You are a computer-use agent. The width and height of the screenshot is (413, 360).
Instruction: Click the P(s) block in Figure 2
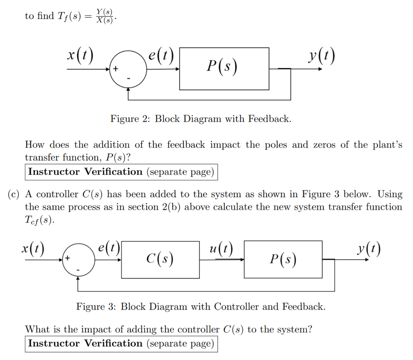click(x=224, y=69)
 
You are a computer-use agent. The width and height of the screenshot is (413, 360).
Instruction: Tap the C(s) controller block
click(x=160, y=260)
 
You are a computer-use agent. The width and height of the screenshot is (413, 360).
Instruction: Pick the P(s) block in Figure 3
click(x=283, y=260)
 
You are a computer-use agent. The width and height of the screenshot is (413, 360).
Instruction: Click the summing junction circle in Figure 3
click(x=78, y=260)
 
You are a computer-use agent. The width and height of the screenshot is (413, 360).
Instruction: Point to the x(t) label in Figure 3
click(x=33, y=247)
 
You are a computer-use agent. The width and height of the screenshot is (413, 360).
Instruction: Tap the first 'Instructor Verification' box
click(x=121, y=172)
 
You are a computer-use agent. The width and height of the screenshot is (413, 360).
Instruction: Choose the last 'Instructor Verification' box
click(x=121, y=343)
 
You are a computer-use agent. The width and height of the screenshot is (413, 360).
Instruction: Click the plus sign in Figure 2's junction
click(x=116, y=69)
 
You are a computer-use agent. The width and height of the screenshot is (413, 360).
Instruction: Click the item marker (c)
click(x=14, y=194)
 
